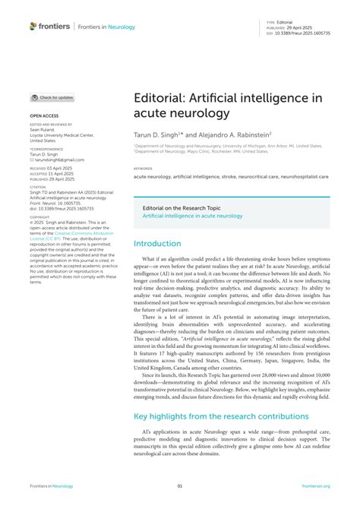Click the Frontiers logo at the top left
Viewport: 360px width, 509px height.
(x=49, y=26)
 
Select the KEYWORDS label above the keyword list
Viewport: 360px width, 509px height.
(x=143, y=169)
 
